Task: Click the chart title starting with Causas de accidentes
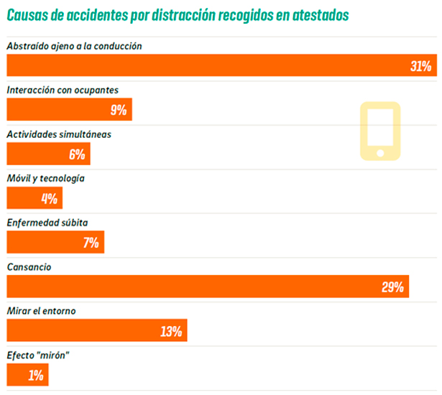[180, 14]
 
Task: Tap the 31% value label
[420, 66]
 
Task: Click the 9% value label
[118, 110]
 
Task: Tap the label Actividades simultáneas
[59, 134]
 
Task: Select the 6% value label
[77, 154]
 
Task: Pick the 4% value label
[49, 198]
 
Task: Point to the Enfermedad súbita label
[47, 223]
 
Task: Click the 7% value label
[91, 243]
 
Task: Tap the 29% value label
[392, 287]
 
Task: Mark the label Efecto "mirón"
[37, 355]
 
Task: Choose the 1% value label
[36, 375]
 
